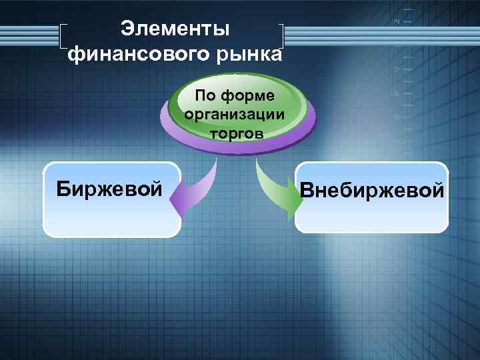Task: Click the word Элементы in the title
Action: pyautogui.click(x=175, y=28)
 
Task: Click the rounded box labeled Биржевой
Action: pyautogui.click(x=111, y=200)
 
